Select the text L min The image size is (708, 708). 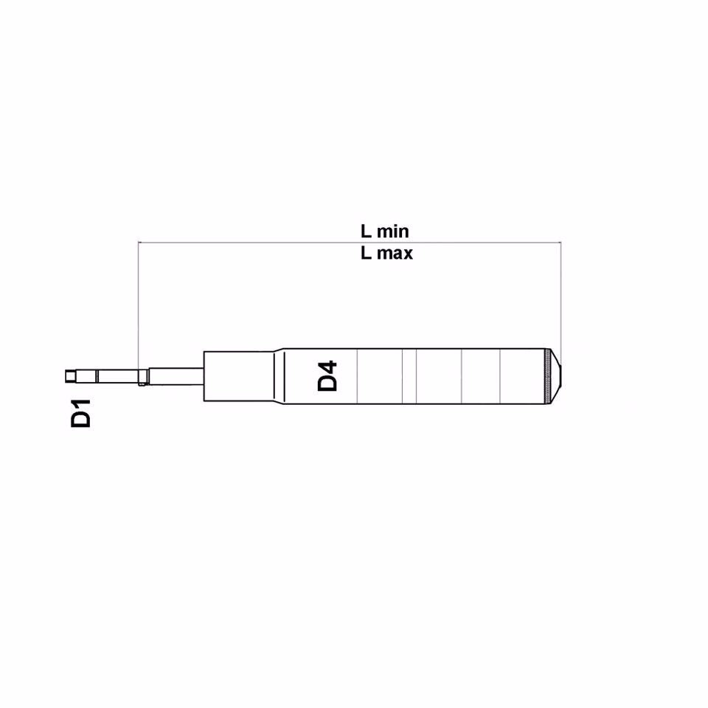click(x=384, y=231)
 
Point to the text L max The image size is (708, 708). click(x=386, y=254)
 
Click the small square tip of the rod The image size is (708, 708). click(x=69, y=376)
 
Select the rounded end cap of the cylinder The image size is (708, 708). click(x=556, y=376)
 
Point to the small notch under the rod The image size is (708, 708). click(x=141, y=383)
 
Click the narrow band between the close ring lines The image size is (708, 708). click(x=409, y=376)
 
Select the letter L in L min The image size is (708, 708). click(x=365, y=231)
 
